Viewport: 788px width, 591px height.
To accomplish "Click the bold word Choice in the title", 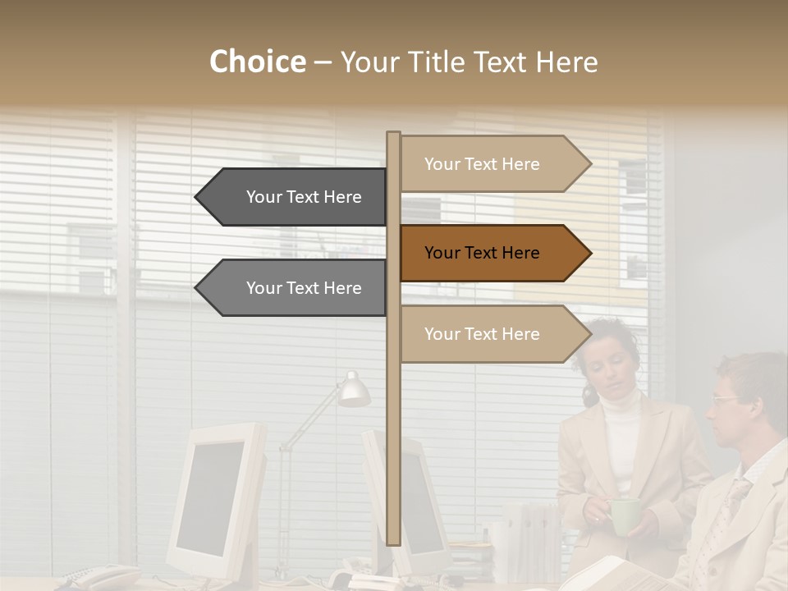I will click(x=257, y=62).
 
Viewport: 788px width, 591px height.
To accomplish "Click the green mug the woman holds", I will click(x=623, y=515).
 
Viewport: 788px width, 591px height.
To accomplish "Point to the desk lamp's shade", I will click(x=355, y=391).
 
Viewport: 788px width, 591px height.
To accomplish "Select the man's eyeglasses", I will click(x=726, y=400).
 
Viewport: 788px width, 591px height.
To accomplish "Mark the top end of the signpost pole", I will click(x=393, y=135).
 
